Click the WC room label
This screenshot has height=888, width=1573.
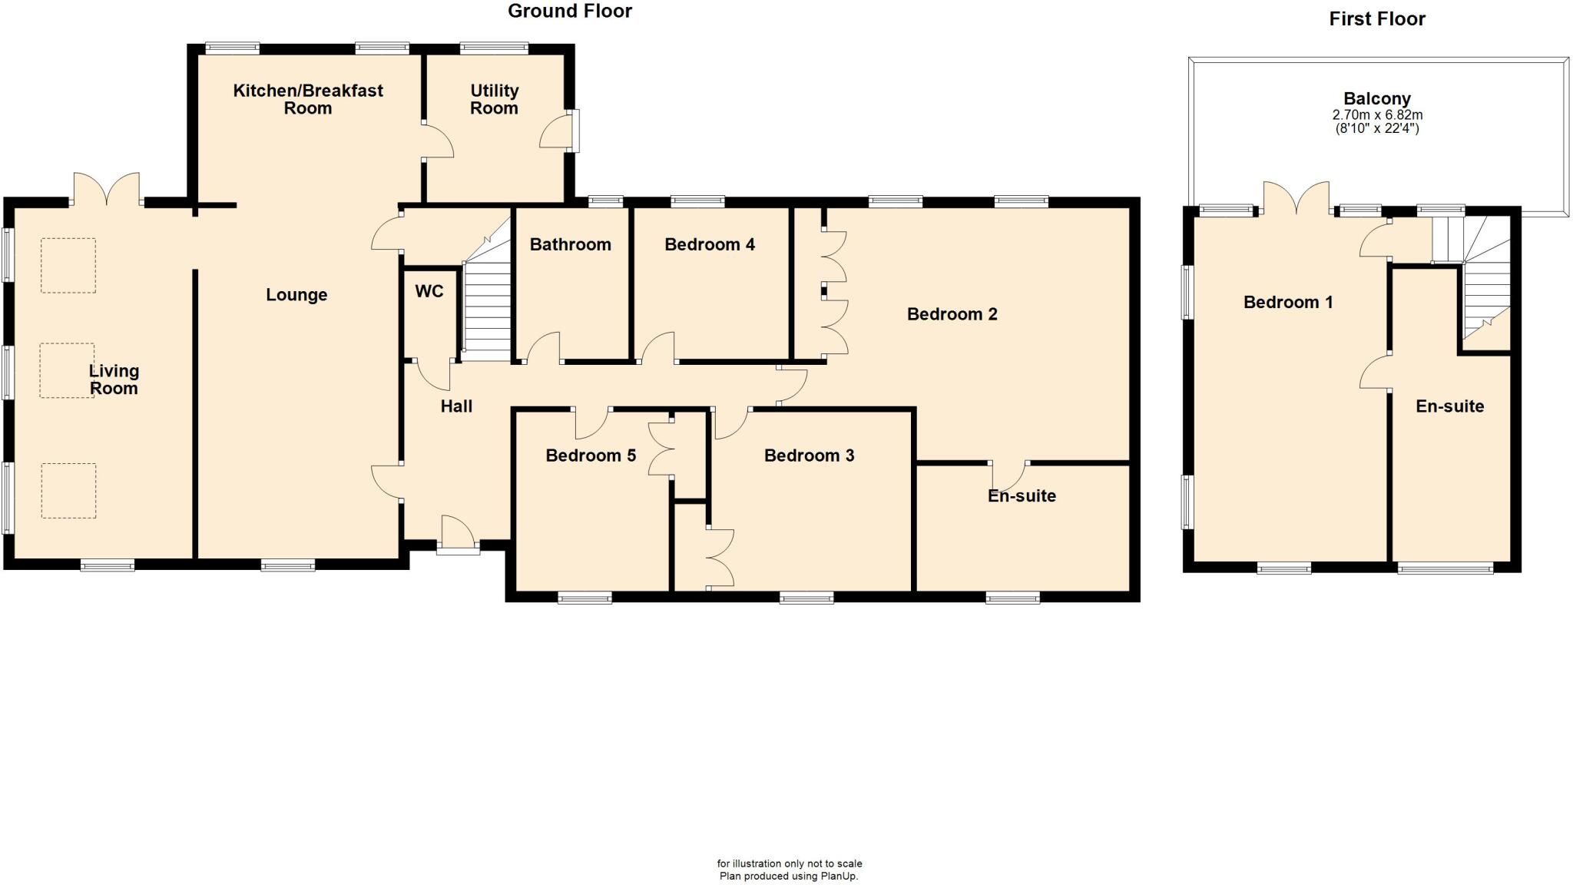[x=429, y=292]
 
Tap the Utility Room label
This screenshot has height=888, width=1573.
[x=494, y=100]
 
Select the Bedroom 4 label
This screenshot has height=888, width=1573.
[x=709, y=245]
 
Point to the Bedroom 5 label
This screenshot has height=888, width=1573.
[x=590, y=456]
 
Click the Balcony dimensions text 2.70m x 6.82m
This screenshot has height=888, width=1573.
[x=1377, y=115]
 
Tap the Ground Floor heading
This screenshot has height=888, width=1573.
[x=569, y=12]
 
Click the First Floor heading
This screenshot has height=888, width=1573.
[x=1376, y=19]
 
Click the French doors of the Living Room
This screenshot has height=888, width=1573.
[x=107, y=191]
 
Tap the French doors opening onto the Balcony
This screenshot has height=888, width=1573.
[x=1296, y=198]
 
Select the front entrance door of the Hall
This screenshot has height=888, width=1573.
[x=458, y=533]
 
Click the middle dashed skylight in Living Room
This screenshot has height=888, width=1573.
[x=68, y=370]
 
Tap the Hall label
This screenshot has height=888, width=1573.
[x=456, y=406]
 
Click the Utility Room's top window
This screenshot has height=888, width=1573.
[x=494, y=48]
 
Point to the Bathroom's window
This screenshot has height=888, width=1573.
[x=606, y=202]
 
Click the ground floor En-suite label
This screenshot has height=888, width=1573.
[x=1022, y=496]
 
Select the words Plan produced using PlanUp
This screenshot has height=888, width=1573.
[x=788, y=876]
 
